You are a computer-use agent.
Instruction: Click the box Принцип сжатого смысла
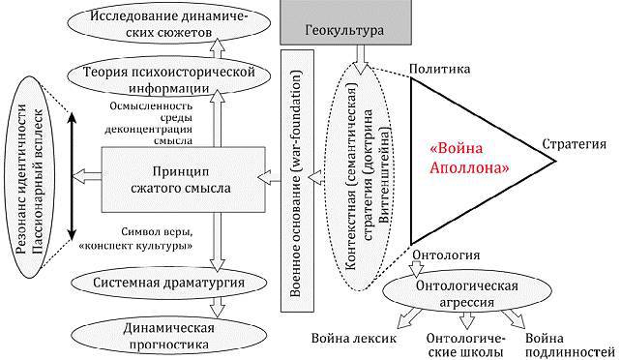coord(184,179)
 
